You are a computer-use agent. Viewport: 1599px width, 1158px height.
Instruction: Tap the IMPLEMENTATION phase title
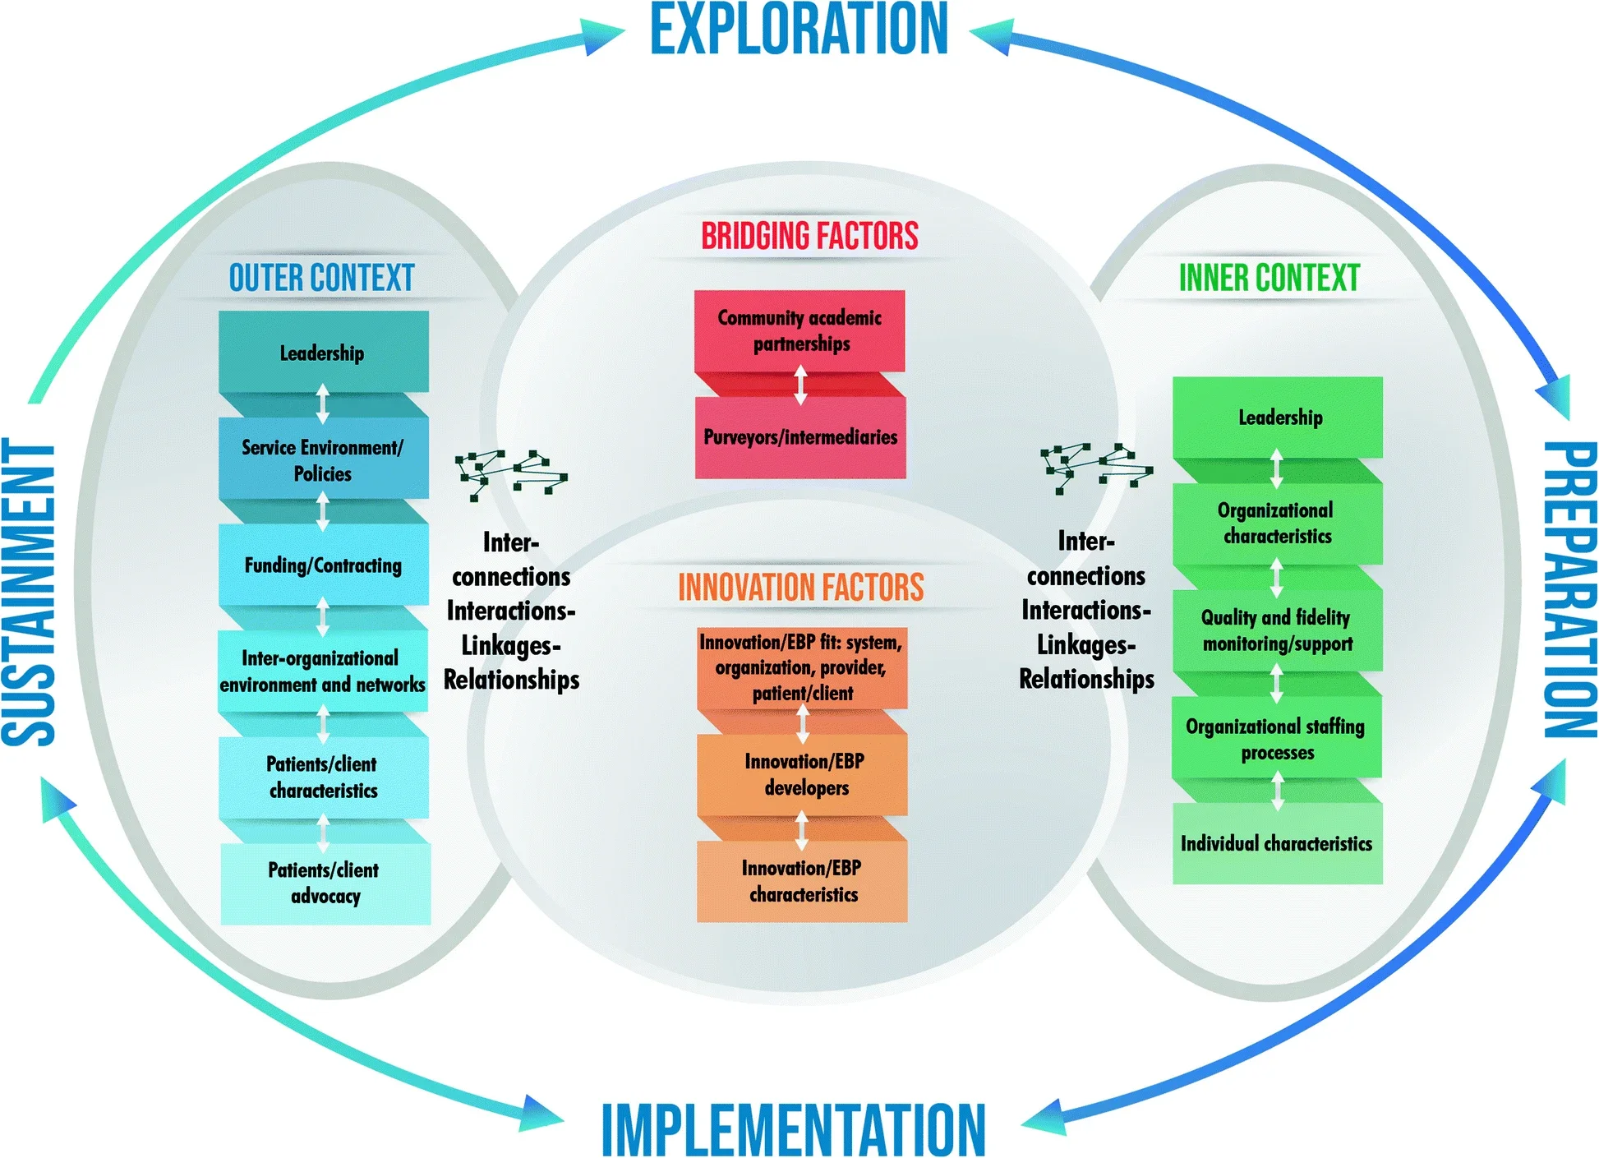(794, 1129)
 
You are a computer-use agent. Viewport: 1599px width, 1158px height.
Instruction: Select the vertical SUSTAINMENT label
(28, 592)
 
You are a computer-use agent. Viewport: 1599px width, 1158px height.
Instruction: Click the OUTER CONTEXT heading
(321, 278)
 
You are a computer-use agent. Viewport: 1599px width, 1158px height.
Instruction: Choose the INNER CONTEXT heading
(1269, 278)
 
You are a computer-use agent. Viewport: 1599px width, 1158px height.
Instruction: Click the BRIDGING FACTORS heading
(809, 236)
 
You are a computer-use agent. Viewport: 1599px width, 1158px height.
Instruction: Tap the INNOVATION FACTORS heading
(800, 588)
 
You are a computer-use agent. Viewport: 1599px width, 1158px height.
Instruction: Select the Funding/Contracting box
(323, 565)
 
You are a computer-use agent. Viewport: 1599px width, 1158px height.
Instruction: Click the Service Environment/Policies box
(323, 460)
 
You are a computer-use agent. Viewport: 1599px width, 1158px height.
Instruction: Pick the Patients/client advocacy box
(325, 883)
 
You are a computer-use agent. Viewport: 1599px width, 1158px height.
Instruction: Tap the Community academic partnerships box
(799, 330)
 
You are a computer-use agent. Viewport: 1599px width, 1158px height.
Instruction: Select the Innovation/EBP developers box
(804, 774)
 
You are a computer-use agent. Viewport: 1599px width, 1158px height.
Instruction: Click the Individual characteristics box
(1277, 844)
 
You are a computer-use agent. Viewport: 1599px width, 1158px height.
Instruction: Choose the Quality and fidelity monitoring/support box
(1277, 630)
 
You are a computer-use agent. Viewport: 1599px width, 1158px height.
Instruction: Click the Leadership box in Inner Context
(1279, 418)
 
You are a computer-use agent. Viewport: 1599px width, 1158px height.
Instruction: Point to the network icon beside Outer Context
(509, 473)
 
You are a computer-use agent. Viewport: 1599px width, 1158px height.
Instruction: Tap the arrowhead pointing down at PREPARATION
(1555, 398)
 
